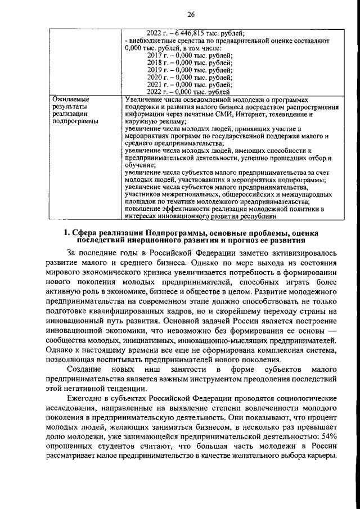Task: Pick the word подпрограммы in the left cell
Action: (75, 120)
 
